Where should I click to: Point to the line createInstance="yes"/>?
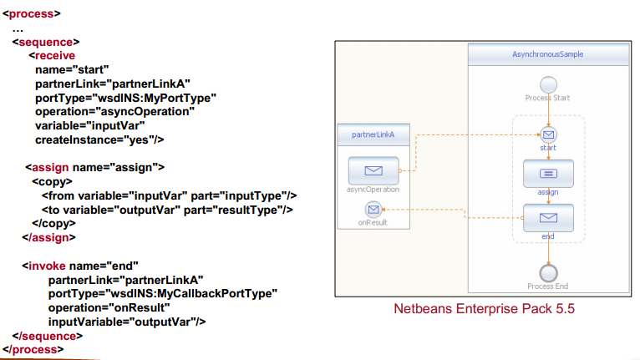tap(99, 139)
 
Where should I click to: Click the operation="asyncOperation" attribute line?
tap(114, 111)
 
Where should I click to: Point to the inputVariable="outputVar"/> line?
tap(127, 321)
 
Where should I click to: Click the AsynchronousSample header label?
tap(547, 54)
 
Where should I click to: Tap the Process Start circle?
tap(548, 84)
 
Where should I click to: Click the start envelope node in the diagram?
tap(548, 134)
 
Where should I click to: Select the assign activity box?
tap(548, 174)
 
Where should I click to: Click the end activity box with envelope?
tap(548, 218)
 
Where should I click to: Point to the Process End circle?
tap(548, 272)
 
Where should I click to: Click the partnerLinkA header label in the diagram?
tap(373, 134)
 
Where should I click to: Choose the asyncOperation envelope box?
tap(373, 171)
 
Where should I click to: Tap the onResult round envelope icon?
tap(373, 209)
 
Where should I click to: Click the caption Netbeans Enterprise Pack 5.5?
tap(485, 310)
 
